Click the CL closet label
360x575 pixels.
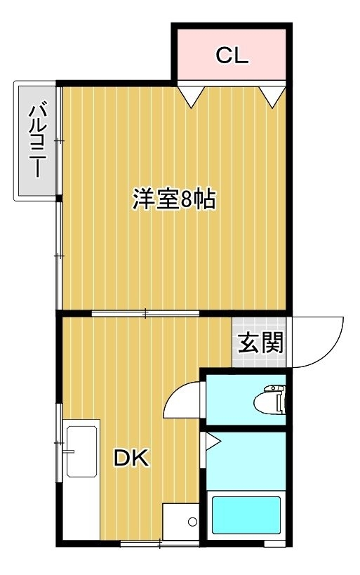[232, 55]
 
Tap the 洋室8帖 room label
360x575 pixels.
[174, 199]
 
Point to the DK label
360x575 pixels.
[131, 458]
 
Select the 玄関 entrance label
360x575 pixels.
[261, 343]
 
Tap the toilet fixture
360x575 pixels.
[269, 399]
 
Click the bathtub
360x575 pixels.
[246, 515]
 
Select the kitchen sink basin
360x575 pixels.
[82, 451]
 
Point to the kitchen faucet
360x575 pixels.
[69, 451]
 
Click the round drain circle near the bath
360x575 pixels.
[192, 521]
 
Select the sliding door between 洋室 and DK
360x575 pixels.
[145, 313]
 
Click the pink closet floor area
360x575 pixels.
[232, 54]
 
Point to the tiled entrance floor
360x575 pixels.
[259, 342]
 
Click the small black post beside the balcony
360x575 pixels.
[59, 199]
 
